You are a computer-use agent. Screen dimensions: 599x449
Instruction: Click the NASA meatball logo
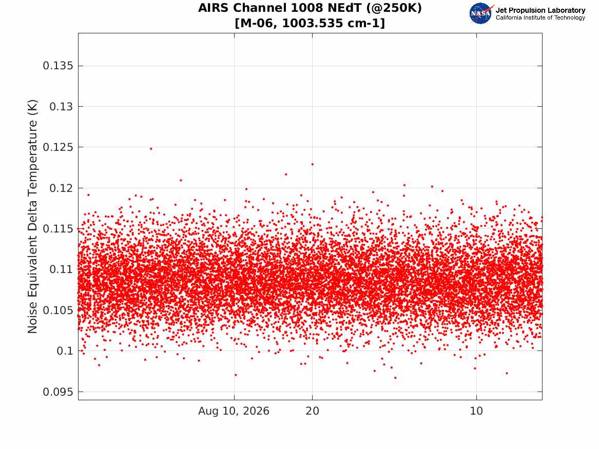coord(481,13)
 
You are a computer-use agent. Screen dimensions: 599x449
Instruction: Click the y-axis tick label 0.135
coord(57,66)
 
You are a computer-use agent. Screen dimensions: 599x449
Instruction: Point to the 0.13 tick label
coord(61,107)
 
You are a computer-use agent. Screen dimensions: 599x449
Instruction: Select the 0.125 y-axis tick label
coord(57,147)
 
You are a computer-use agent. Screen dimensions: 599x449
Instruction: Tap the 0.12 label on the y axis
coord(61,188)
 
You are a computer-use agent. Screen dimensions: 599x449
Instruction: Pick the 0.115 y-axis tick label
coord(57,229)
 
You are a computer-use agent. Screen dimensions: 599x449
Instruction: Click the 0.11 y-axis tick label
coord(61,269)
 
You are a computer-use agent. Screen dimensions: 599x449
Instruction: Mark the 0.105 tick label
coord(57,310)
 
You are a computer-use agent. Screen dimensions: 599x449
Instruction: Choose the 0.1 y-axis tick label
coord(65,351)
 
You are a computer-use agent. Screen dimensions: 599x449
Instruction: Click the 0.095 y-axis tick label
coord(57,392)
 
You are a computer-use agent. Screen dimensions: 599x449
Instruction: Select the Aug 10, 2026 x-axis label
coord(234,411)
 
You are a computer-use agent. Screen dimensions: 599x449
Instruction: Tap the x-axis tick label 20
coord(313,411)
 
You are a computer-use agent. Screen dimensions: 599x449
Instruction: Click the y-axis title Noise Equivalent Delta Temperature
coord(32,217)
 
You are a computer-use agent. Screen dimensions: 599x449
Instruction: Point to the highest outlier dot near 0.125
coord(151,148)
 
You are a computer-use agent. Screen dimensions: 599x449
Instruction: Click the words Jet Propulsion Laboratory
coord(540,10)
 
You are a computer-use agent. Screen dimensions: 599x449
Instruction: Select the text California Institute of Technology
coord(540,17)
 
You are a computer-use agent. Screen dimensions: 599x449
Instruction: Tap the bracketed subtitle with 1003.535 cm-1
coord(310,23)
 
